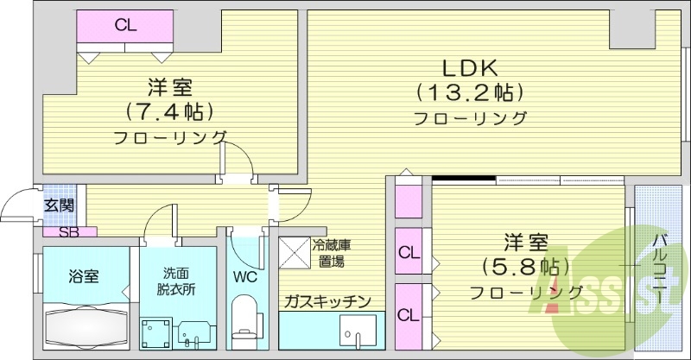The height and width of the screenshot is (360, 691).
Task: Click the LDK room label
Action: (x=470, y=67)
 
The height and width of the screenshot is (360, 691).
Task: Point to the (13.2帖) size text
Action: (x=470, y=92)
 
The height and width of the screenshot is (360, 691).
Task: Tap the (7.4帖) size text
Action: (x=169, y=111)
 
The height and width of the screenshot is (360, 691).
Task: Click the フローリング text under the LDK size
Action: (x=470, y=118)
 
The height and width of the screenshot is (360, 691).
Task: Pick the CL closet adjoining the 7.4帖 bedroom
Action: (x=126, y=26)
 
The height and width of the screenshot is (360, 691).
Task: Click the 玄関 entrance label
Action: (x=60, y=205)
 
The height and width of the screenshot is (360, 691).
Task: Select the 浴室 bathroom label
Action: (x=84, y=276)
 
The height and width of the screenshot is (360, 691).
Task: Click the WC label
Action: (x=245, y=277)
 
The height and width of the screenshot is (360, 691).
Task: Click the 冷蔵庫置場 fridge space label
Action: (x=331, y=252)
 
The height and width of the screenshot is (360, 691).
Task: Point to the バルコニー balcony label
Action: (x=659, y=268)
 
